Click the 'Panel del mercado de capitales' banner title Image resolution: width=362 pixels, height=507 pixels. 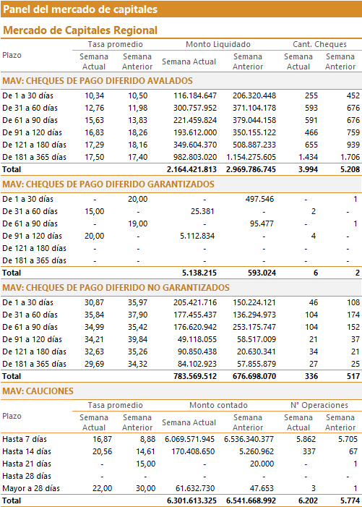(80, 9)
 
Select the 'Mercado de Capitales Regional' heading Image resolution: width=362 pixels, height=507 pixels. (80, 30)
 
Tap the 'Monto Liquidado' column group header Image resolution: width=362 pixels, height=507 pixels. (218, 44)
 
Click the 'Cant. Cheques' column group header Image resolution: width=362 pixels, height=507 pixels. (319, 44)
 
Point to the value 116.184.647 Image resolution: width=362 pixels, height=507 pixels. (195, 95)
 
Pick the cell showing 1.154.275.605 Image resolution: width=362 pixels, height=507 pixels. (251, 157)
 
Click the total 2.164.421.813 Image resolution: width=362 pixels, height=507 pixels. (191, 169)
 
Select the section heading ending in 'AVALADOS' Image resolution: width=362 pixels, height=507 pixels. (98, 81)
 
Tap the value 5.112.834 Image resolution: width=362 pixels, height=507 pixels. (197, 236)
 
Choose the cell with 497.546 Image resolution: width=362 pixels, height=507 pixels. (259, 199)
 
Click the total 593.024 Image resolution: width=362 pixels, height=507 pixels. (262, 273)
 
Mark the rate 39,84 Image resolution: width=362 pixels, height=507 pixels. (137, 339)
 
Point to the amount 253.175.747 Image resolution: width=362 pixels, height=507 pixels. (254, 327)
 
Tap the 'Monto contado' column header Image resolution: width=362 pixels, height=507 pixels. (218, 405)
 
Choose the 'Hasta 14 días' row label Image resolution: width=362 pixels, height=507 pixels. (27, 451)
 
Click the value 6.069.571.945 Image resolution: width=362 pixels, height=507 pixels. (189, 439)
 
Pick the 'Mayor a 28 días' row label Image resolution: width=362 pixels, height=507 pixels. (31, 488)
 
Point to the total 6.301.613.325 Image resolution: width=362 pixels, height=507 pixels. (191, 501)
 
